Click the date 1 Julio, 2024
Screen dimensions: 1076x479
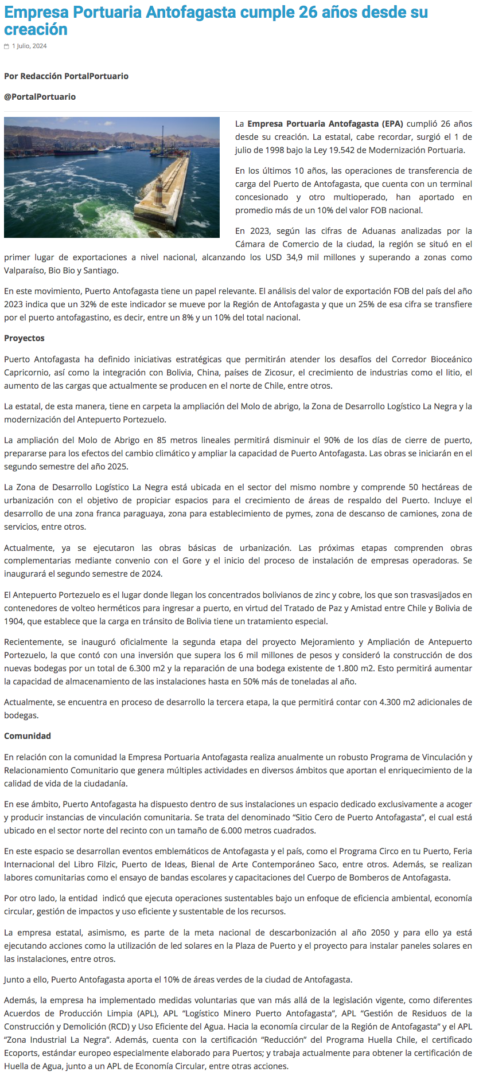[x=29, y=46]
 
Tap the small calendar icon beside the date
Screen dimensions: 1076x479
[x=7, y=46]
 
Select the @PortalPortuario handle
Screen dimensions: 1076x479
[x=40, y=97]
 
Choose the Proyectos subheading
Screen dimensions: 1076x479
[x=24, y=338]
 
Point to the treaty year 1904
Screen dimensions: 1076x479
[x=13, y=621]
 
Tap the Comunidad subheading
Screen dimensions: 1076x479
[x=28, y=736]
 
